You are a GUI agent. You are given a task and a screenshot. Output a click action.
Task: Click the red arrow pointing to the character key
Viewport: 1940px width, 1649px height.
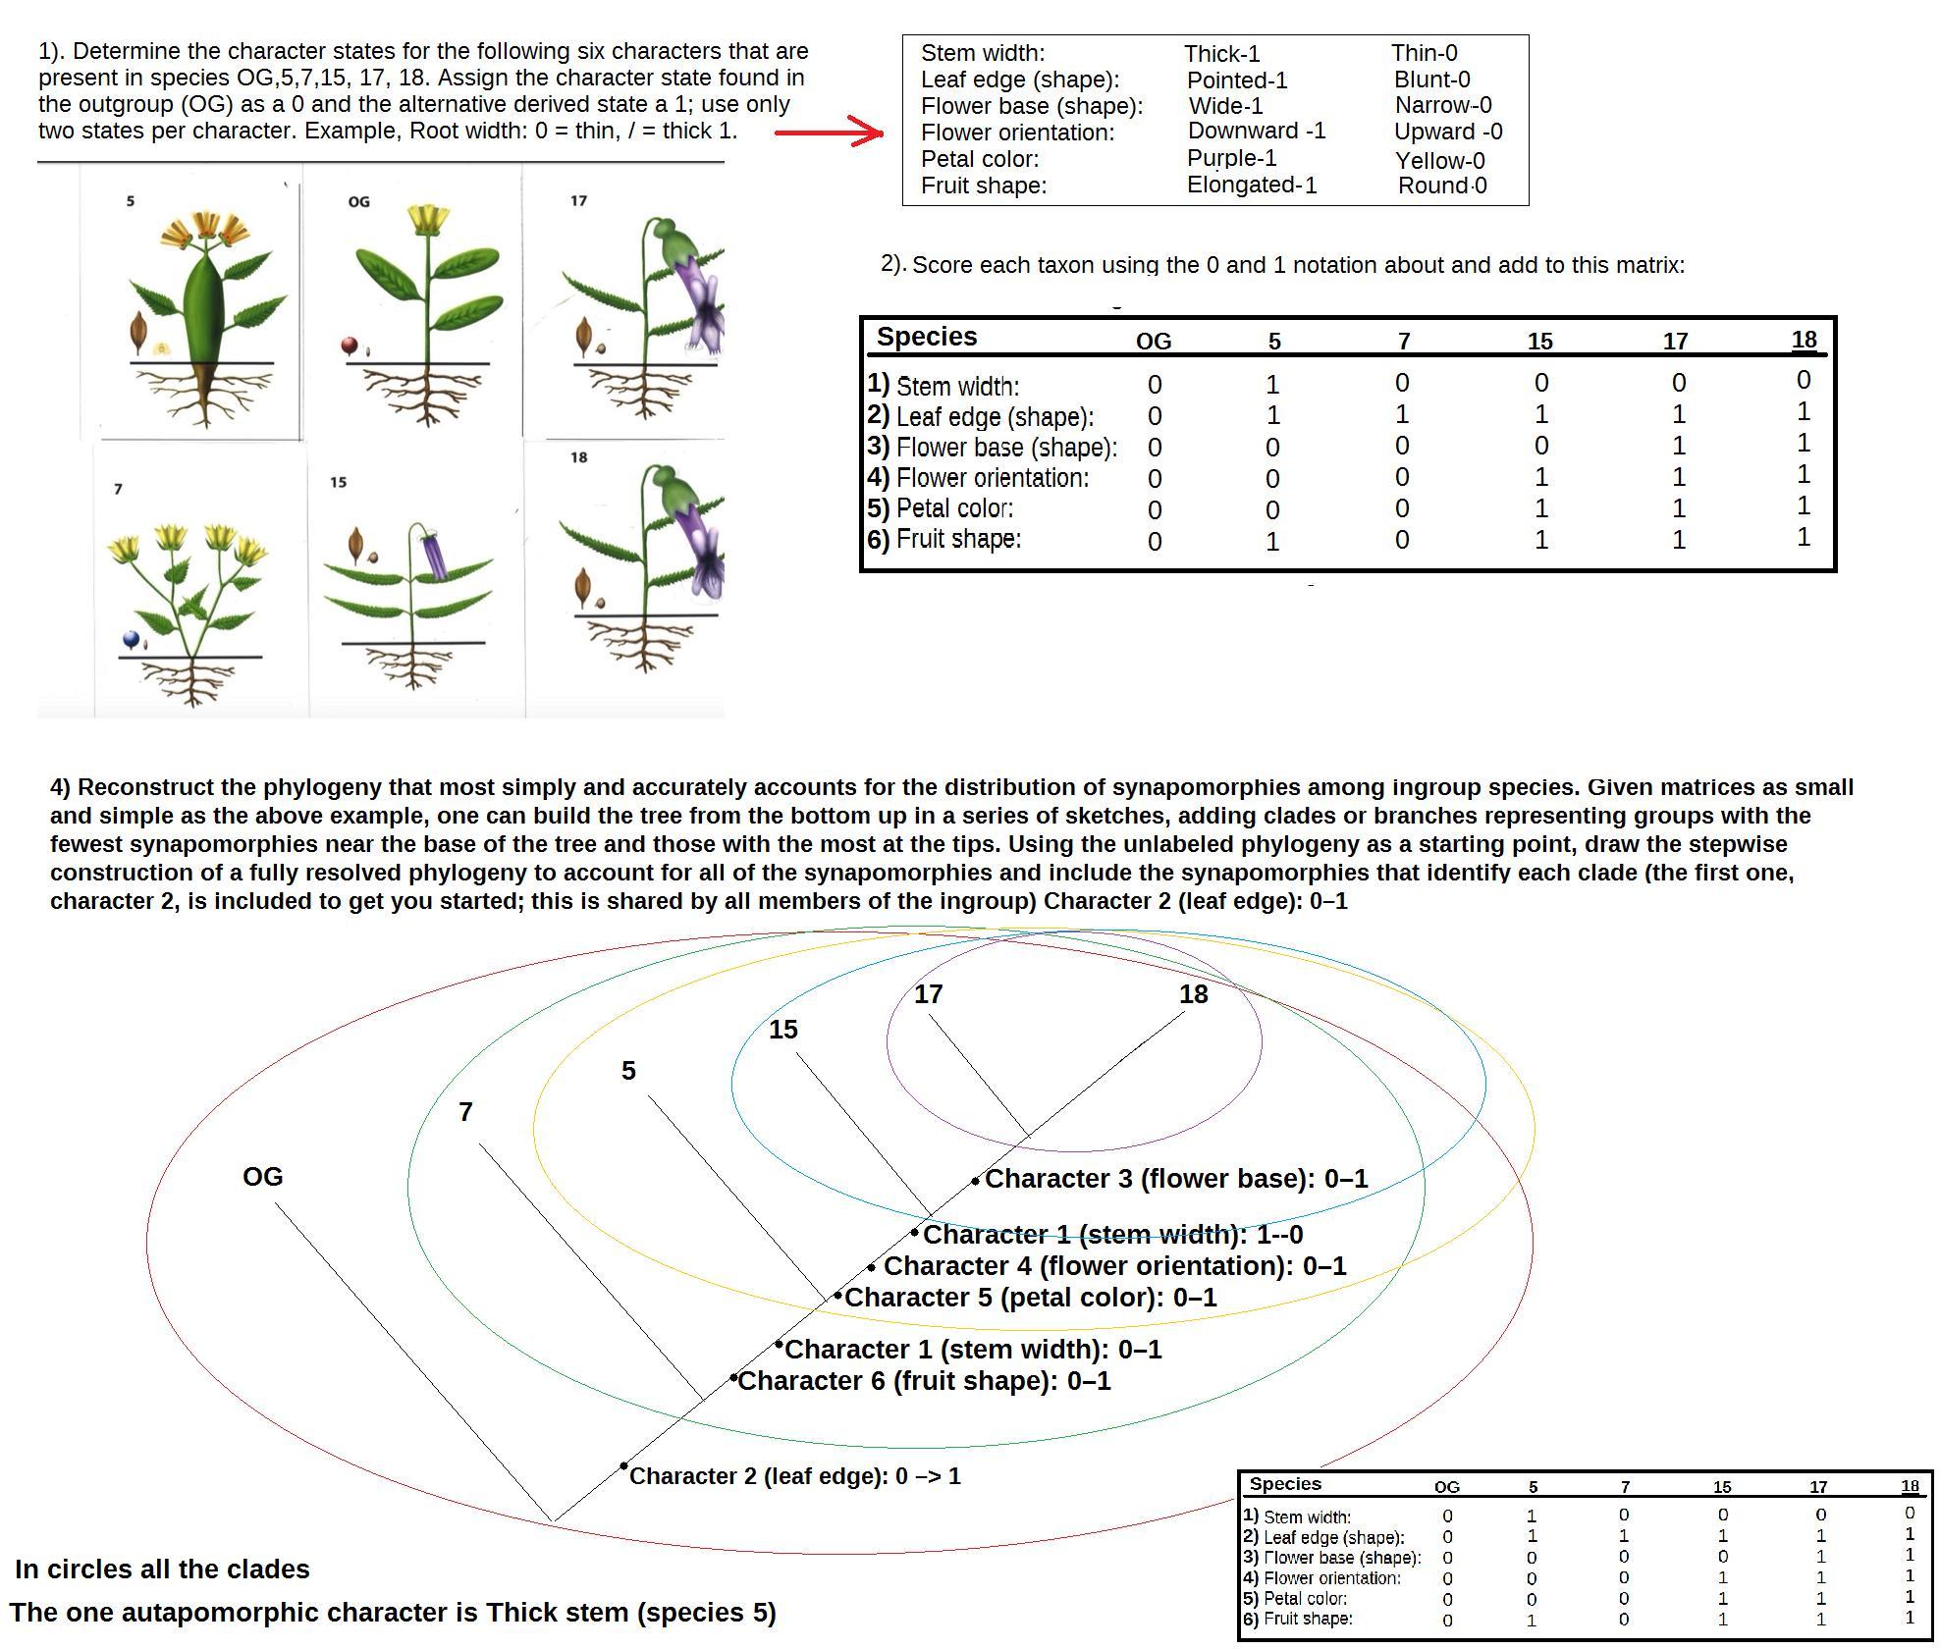click(x=830, y=133)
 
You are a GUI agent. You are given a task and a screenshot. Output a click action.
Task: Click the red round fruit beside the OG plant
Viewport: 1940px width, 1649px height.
click(x=349, y=345)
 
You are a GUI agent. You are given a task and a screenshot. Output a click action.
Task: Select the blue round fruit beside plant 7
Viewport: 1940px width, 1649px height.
click(x=132, y=640)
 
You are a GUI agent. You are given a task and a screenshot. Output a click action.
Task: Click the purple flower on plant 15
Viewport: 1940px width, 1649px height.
click(x=433, y=556)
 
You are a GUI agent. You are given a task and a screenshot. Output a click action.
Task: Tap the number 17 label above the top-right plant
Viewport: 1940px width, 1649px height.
click(x=578, y=201)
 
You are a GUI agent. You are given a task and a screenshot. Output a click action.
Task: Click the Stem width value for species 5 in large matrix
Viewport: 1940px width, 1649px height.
click(x=1272, y=385)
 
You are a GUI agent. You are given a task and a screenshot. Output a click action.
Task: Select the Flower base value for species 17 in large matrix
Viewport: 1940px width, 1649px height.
click(x=1678, y=447)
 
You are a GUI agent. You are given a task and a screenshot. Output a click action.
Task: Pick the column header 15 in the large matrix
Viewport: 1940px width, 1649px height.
click(x=1539, y=342)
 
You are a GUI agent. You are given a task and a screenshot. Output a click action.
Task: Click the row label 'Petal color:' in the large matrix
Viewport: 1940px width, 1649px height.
click(x=953, y=508)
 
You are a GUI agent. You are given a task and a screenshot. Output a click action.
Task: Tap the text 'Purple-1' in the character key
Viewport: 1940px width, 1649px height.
click(x=1231, y=158)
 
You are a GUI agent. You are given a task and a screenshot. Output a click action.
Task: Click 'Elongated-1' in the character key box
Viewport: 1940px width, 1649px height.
click(x=1251, y=185)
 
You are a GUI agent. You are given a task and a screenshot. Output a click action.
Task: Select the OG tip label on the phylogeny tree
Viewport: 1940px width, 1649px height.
click(x=262, y=1176)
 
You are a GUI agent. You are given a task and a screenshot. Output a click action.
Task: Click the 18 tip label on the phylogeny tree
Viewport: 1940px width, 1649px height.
click(x=1193, y=994)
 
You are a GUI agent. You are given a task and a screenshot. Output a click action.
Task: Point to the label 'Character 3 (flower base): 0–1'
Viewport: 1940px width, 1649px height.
click(x=1175, y=1179)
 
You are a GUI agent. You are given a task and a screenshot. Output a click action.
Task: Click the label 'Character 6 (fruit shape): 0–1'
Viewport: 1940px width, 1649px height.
click(x=924, y=1381)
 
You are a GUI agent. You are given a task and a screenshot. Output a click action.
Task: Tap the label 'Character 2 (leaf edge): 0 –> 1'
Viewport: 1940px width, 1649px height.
click(x=794, y=1476)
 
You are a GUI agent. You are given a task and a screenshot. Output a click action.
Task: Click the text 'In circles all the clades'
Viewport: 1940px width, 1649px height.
click(x=162, y=1569)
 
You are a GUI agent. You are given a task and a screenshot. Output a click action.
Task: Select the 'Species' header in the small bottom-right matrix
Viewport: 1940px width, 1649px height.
click(x=1284, y=1484)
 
